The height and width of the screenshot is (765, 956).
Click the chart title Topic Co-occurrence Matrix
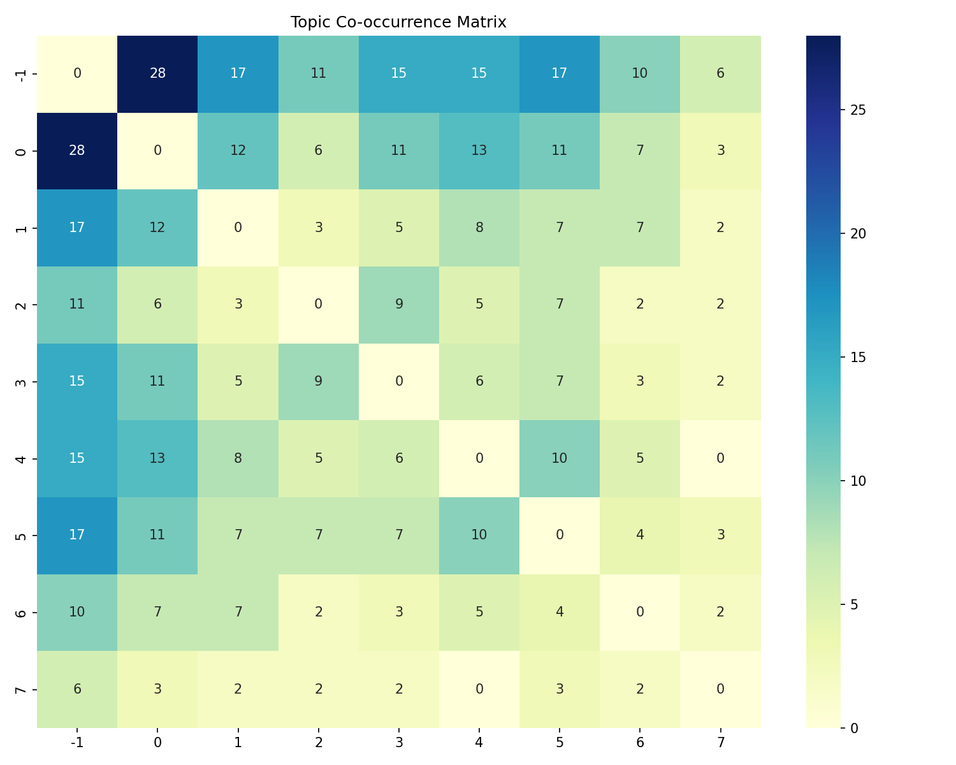(x=398, y=22)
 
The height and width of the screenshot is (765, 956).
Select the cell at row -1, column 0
(x=157, y=73)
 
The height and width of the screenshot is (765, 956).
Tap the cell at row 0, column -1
(x=77, y=150)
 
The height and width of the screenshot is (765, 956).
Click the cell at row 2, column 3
(x=399, y=304)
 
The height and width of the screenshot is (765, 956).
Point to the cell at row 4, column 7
(x=720, y=458)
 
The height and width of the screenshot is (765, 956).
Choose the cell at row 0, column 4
(x=479, y=150)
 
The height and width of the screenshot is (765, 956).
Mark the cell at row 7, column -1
(x=77, y=689)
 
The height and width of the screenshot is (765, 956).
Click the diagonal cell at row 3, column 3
(x=399, y=381)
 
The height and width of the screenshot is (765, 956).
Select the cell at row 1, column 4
(x=479, y=228)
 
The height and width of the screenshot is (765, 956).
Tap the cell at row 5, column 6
(x=640, y=535)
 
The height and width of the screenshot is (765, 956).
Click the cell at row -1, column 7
(x=720, y=73)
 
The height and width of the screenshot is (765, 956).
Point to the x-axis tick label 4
(x=479, y=742)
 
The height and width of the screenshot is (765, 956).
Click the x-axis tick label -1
(x=77, y=742)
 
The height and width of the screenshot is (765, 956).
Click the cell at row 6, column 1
(x=238, y=612)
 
